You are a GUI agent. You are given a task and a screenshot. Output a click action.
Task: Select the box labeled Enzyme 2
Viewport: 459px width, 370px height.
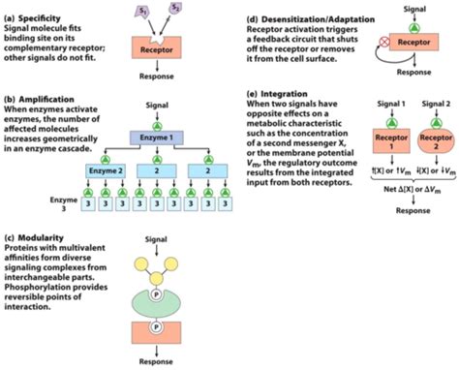(106, 171)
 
